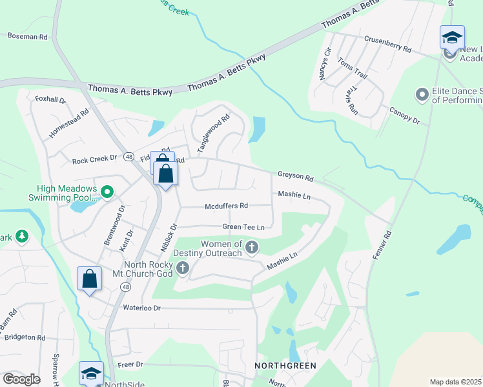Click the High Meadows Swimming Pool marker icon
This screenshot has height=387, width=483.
107,192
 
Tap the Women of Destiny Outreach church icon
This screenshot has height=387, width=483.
252,247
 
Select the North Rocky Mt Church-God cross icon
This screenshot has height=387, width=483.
183,268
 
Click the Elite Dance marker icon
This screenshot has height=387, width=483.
422,95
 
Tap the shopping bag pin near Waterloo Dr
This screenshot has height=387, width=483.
90,279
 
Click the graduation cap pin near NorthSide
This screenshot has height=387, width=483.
91,373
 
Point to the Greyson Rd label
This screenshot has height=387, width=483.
295,176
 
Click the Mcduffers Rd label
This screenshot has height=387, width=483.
226,206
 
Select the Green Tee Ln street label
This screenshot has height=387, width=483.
243,227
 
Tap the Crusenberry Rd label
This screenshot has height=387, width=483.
387,43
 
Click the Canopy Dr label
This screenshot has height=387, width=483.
404,116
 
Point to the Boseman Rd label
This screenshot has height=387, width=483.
27,37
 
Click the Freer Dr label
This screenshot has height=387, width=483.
130,364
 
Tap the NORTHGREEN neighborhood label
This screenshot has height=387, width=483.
285,366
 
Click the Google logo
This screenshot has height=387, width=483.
21,379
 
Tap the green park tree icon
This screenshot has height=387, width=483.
22,237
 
